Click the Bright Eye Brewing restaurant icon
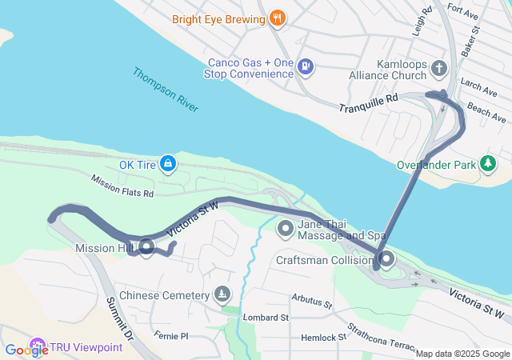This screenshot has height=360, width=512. coord(278,18)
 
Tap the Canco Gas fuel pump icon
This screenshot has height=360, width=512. coord(305,66)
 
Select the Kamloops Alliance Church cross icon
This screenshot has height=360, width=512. coord(438,69)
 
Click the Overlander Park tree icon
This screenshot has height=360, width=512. coord(488,165)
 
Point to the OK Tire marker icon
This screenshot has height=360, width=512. coord(167,164)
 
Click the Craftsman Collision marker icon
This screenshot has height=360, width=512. coord(386,260)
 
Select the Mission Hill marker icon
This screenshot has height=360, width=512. coord(146,248)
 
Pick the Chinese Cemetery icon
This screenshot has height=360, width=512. coord(221,295)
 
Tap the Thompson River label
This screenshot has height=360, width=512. coord(166,88)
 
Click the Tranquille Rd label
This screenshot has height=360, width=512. coord(368,102)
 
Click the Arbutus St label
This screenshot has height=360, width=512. coord(313,303)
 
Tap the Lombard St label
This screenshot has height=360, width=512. coord(266,318)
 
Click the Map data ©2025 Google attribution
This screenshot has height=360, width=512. coord(462,354)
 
